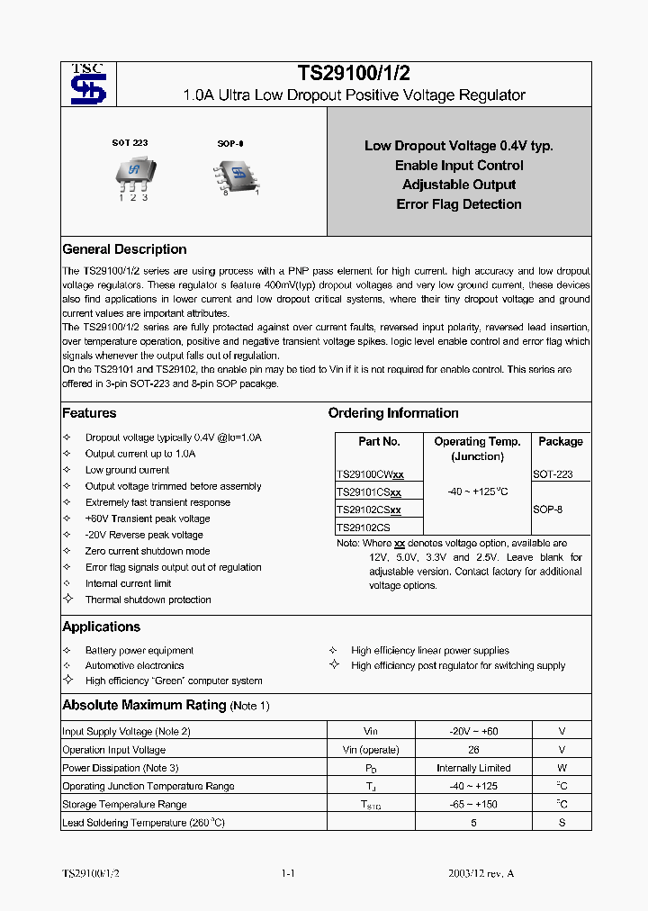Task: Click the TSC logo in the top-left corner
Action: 88,85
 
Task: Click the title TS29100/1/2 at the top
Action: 354,75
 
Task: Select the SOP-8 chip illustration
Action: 236,173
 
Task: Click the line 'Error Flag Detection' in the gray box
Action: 459,204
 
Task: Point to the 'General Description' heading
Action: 124,249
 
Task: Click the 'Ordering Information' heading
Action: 393,413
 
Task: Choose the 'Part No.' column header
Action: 379,442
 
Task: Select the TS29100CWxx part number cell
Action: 370,474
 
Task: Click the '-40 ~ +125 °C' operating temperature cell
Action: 477,492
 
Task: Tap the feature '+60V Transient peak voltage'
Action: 148,519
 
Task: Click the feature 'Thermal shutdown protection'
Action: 148,600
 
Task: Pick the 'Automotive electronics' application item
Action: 134,666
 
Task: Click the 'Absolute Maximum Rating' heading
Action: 144,705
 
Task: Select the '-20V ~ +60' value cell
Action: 473,732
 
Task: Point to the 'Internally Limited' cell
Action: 473,768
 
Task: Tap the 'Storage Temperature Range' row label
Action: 124,805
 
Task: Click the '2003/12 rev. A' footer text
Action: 481,874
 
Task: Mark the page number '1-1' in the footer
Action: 289,874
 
